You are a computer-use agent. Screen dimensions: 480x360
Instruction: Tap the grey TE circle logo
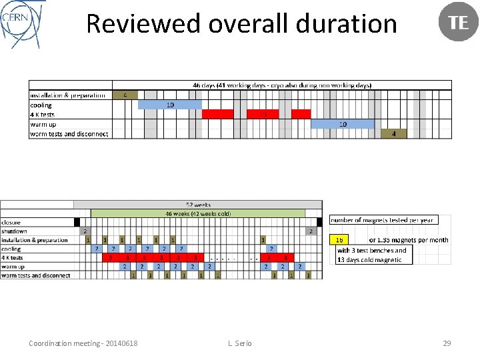459,22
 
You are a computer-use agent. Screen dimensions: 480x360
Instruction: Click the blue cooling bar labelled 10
170,105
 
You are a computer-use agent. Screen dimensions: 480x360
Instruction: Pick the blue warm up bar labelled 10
343,124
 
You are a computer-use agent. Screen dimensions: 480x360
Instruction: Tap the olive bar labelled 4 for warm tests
394,133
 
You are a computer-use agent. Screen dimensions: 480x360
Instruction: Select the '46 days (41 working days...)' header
282,85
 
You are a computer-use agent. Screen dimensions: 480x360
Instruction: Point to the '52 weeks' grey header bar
198,205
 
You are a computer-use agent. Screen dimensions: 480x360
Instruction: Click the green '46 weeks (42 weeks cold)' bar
198,213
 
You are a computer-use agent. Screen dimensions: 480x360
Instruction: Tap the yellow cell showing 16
339,239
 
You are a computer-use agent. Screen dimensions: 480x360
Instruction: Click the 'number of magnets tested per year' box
381,220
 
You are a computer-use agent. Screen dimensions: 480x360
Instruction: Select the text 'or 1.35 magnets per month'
408,240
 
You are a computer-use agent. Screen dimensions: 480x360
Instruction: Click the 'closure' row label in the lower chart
11,223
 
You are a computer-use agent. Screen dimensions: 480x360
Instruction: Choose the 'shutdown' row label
15,231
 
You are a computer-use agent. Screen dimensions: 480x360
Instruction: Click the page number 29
447,343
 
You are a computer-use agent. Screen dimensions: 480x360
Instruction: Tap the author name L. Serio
239,343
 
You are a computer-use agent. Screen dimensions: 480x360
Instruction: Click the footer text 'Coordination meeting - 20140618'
83,343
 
